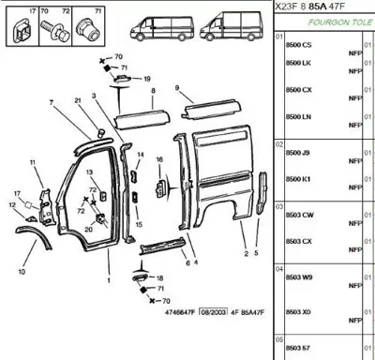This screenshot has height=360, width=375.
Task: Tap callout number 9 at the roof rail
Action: pyautogui.click(x=176, y=87)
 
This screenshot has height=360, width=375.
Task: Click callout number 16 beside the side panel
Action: pyautogui.click(x=159, y=160)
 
